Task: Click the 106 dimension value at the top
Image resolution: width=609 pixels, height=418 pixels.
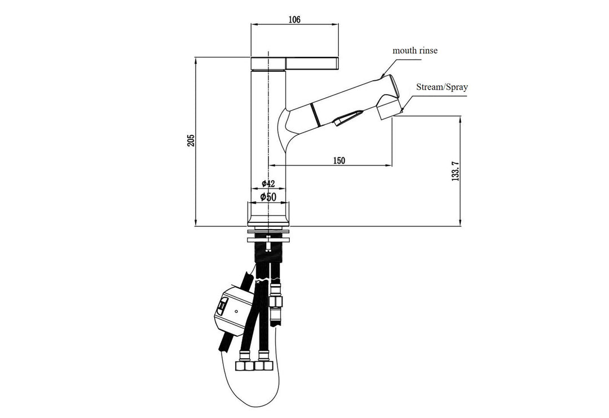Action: [294, 20]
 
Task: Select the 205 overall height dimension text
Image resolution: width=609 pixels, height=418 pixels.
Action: [191, 140]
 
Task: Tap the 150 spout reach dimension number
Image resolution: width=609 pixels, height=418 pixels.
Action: [338, 160]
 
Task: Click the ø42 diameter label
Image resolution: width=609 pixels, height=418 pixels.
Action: [268, 184]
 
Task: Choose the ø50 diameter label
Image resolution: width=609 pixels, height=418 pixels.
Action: [268, 196]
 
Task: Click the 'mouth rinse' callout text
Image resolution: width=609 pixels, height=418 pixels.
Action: [415, 51]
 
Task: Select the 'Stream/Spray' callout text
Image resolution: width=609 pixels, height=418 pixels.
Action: [442, 87]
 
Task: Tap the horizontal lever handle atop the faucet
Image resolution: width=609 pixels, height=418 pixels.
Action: [294, 62]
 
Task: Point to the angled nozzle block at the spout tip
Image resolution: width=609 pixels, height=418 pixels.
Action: [389, 107]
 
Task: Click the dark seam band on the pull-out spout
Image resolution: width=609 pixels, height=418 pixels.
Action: [316, 113]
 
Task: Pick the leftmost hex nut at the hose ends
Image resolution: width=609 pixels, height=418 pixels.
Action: [246, 366]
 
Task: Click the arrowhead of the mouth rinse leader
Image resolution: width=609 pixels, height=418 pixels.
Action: [382, 76]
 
